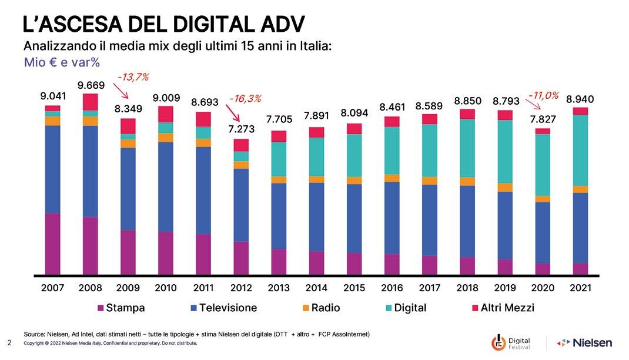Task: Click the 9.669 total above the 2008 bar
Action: click(91, 86)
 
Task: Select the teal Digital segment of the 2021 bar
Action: click(580, 150)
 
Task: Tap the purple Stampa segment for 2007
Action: click(53, 244)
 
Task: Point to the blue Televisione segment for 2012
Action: click(241, 205)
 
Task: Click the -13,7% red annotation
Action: click(133, 76)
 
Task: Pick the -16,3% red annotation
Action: click(245, 98)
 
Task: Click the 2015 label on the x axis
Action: click(354, 289)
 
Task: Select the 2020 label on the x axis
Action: click(543, 289)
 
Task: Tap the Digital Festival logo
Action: click(511, 343)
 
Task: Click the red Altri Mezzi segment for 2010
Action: click(166, 114)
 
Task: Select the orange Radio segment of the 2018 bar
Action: click(467, 181)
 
